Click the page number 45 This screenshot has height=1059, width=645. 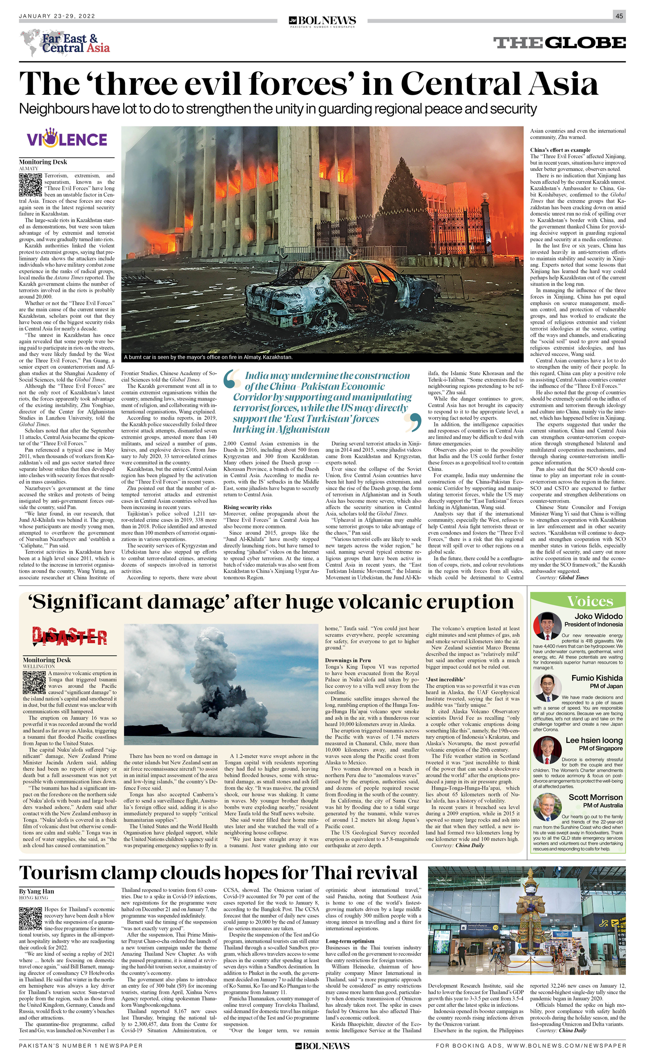click(619, 16)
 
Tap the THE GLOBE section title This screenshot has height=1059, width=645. click(559, 43)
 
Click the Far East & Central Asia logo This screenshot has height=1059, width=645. click(65, 43)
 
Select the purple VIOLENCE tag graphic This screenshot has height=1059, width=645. click(67, 138)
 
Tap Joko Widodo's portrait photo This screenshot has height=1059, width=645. click(547, 626)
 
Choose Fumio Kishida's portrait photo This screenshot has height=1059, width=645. click(547, 689)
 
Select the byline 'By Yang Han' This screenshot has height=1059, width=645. click(36, 891)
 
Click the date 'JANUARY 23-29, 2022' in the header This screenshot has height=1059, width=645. click(57, 16)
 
